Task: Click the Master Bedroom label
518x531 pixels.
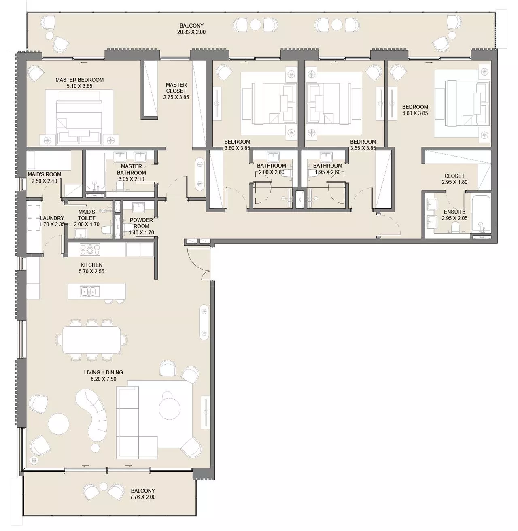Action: pos(79,80)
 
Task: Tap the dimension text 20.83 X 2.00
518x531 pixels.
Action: pos(191,32)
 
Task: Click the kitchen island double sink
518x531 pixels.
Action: pos(89,291)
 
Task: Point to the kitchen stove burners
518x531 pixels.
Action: pos(90,249)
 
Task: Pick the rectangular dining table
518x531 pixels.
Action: pos(91,339)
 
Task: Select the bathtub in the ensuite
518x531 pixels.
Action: pos(481,214)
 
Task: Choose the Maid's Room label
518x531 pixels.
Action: pos(45,174)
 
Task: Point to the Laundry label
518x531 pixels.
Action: pos(52,218)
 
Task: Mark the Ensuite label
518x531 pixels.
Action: pos(454,212)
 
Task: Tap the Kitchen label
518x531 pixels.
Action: pos(91,265)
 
